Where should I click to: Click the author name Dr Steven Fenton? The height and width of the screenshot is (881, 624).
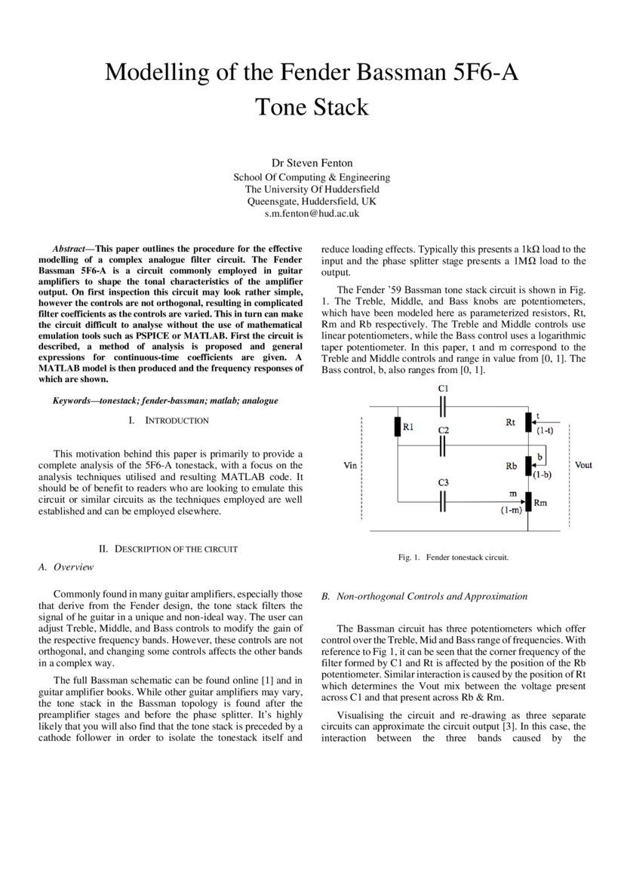(312, 163)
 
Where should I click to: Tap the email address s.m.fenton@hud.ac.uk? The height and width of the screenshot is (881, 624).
(312, 213)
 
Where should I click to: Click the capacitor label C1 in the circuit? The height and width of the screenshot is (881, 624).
(444, 387)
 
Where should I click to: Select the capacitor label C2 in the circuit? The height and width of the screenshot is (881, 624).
(444, 430)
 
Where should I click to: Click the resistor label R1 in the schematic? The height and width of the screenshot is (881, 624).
(408, 427)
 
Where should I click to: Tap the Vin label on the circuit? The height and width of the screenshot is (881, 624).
(350, 466)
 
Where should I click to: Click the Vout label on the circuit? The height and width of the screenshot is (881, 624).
(583, 465)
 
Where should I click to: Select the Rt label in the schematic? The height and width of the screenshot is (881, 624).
(510, 423)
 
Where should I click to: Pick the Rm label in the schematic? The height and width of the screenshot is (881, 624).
(540, 501)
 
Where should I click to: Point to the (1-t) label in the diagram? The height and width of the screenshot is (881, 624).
(543, 432)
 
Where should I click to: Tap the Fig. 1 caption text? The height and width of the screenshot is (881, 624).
(453, 558)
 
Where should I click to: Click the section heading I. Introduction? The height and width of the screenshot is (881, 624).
(169, 420)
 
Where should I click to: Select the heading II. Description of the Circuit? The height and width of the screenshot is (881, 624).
(169, 549)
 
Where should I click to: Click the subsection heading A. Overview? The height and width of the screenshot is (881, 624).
(66, 567)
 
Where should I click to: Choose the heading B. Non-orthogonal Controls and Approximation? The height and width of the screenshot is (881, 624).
(424, 596)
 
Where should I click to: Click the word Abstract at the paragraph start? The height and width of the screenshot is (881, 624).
(69, 249)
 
